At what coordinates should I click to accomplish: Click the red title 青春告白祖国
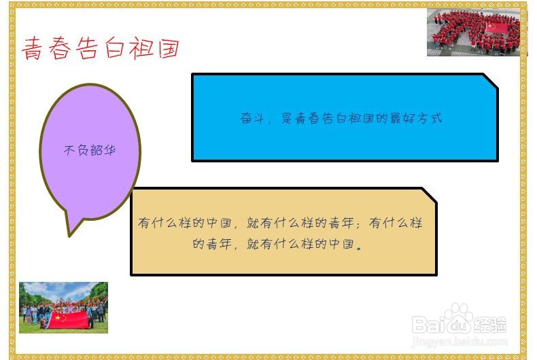point(101,49)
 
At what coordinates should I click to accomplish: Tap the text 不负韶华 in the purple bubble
point(90,150)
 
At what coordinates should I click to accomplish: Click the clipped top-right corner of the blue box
point(490,80)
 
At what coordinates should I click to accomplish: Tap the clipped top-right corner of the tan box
point(429,194)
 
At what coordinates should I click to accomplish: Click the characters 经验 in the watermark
point(490,325)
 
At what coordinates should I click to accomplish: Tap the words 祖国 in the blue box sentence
point(368,118)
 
